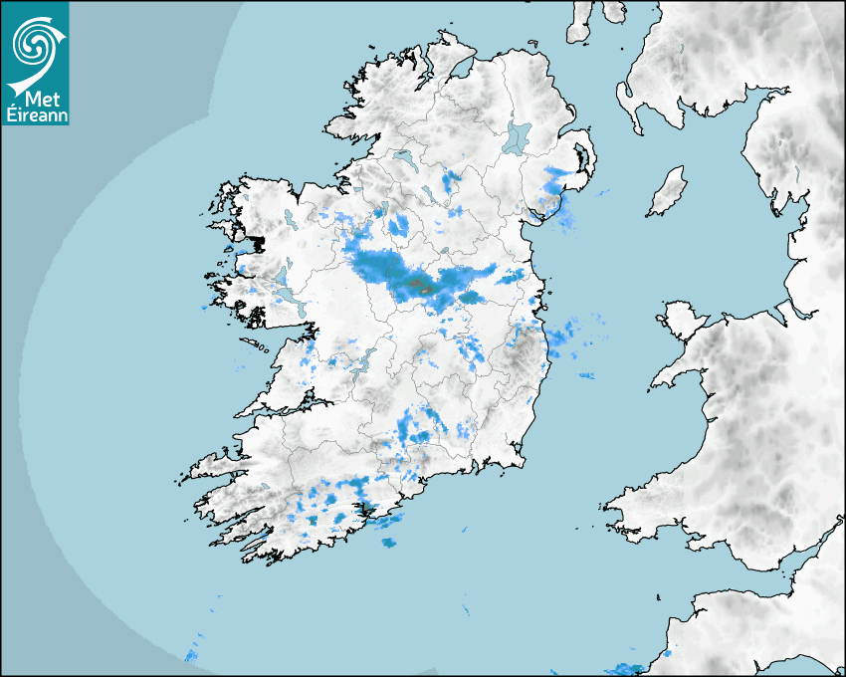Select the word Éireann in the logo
pyautogui.click(x=35, y=115)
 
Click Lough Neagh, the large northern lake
pyautogui.click(x=518, y=136)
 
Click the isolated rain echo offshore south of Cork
pyautogui.click(x=387, y=543)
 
